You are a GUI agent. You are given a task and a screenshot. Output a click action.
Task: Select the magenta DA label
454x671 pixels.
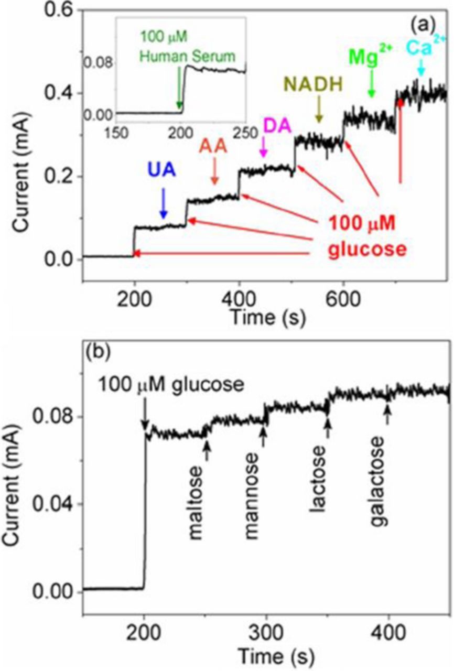[x=272, y=127]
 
